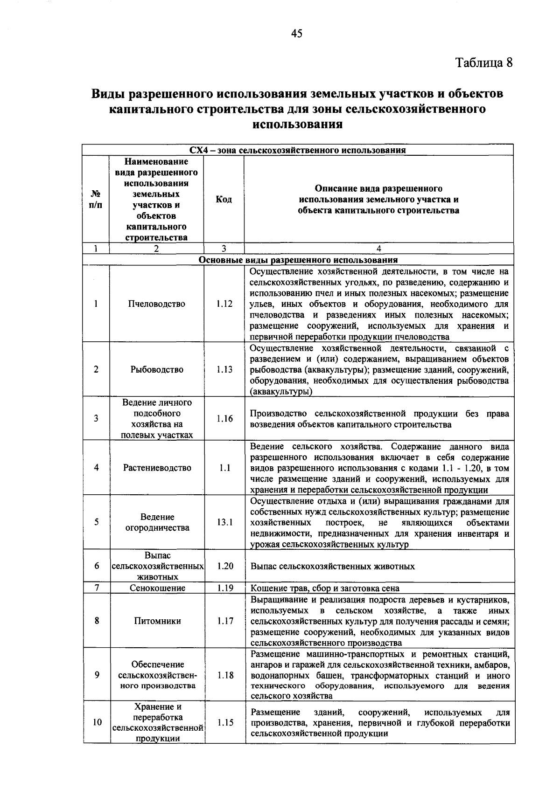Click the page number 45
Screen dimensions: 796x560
coord(297,34)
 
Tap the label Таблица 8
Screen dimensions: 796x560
coord(484,62)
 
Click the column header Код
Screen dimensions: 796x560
coord(224,200)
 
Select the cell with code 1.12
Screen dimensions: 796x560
coord(224,304)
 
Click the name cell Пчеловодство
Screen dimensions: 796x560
coord(157,304)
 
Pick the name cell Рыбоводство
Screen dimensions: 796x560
coord(157,370)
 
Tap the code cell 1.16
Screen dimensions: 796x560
coord(224,419)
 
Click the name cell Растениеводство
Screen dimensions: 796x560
coord(157,468)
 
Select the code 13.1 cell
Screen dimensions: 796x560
coord(224,522)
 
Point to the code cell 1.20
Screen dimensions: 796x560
coord(225,566)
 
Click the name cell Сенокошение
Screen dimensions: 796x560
coord(157,588)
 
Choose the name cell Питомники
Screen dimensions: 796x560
coord(157,621)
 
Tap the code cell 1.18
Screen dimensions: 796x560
coord(225,675)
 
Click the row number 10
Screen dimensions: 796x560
coord(97,722)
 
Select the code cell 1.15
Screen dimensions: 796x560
coord(225,722)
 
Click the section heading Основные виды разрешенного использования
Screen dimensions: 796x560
coord(298,260)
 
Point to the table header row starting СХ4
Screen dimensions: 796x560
coord(298,150)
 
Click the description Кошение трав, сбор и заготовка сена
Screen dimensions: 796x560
coord(325,588)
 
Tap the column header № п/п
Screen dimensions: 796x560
coord(96,200)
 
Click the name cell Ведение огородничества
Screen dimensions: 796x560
coord(157,522)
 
